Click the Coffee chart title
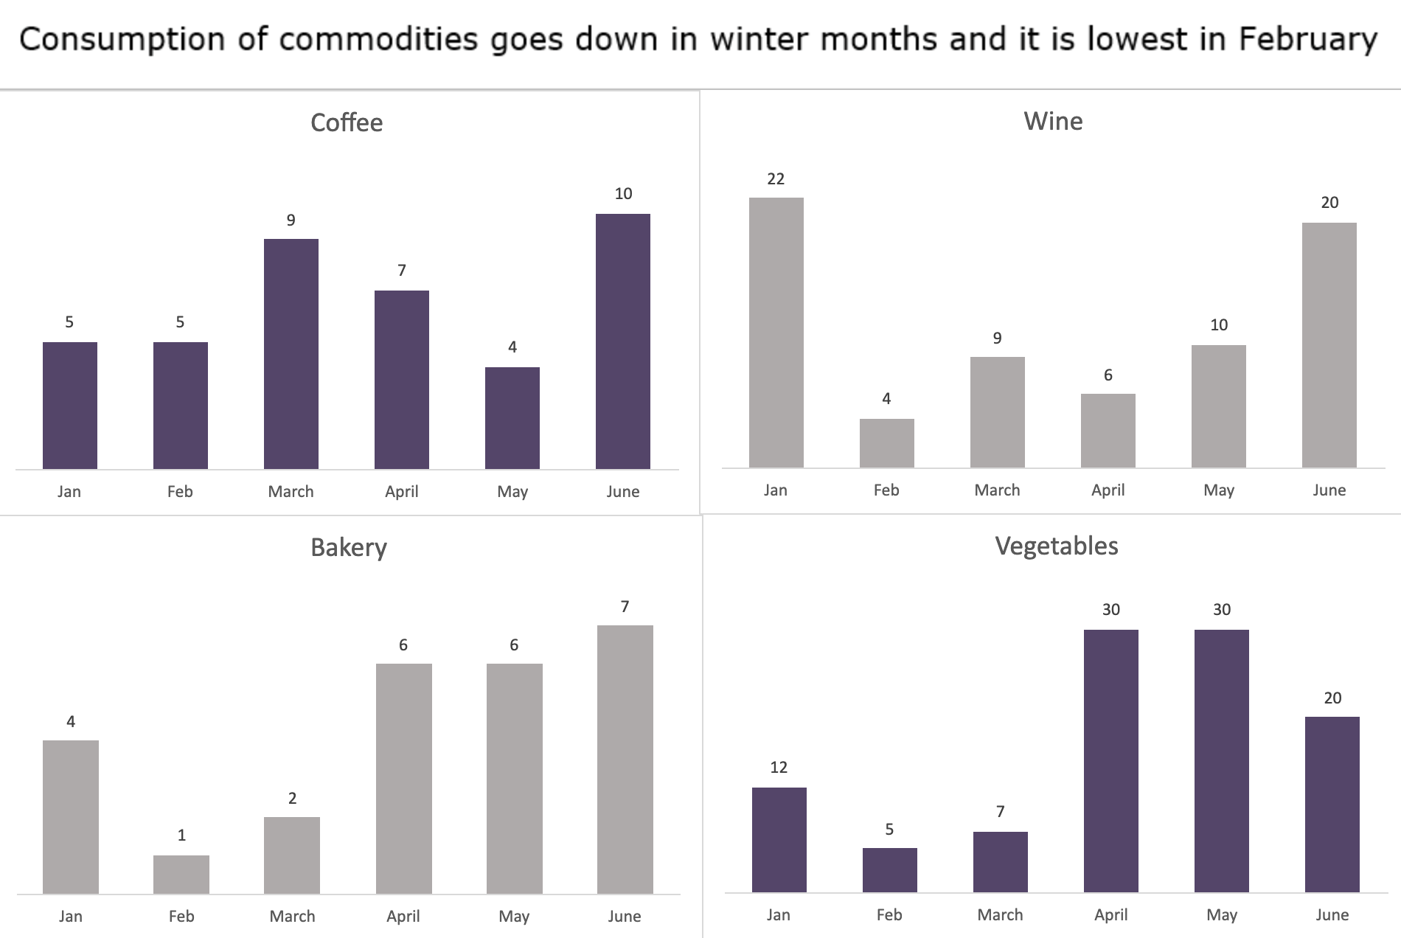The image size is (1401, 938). coord(347,122)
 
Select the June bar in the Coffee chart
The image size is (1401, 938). coord(623,341)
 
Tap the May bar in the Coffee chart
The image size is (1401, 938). coord(512,418)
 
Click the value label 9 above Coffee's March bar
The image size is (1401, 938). coord(291,220)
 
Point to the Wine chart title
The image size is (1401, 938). coord(1053,121)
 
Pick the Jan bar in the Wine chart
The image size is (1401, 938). coord(776,333)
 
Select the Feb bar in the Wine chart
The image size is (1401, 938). coord(887,443)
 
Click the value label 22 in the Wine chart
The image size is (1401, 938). coord(776,178)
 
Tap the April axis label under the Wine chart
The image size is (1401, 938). coord(1108,491)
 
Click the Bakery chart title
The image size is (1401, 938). coord(349,547)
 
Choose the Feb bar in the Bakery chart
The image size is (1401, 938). coord(181,875)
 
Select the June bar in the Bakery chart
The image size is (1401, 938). coord(625,760)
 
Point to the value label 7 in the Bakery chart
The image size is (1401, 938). coord(625,606)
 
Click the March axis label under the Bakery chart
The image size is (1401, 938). coord(293,916)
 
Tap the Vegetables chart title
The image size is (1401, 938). coord(1057,546)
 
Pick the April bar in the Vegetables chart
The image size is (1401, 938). coord(1111,761)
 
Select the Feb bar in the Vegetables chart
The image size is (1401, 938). coord(890,870)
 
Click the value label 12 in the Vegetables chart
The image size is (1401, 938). coord(779,767)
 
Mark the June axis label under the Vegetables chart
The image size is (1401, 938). coord(1332,914)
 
